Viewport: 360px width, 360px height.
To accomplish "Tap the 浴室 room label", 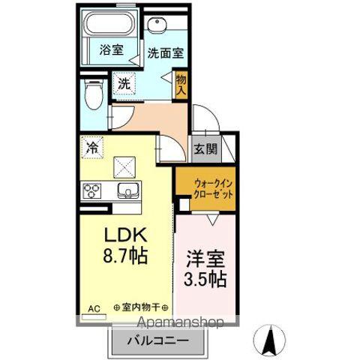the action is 111,49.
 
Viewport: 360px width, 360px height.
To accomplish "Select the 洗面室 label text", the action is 166,53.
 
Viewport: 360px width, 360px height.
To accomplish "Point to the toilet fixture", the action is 94,94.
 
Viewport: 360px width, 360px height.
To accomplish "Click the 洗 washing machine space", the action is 124,83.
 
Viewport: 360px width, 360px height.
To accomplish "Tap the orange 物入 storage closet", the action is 181,85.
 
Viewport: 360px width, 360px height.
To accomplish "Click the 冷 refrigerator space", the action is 92,148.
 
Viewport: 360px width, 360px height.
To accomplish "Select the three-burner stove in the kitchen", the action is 91,191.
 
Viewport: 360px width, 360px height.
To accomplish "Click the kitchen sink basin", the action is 128,190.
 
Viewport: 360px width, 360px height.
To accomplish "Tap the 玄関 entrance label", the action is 206,149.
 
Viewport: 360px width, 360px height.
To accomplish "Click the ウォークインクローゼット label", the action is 214,189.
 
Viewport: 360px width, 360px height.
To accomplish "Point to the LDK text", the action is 125,235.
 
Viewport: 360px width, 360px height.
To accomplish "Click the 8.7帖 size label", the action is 125,256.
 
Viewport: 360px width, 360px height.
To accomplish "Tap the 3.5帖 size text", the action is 205,279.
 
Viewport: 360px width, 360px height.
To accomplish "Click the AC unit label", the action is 94,308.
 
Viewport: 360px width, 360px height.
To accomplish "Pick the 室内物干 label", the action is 141,307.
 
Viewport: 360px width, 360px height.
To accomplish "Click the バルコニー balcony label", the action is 158,340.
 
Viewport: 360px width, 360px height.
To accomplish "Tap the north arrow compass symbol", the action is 269,340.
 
